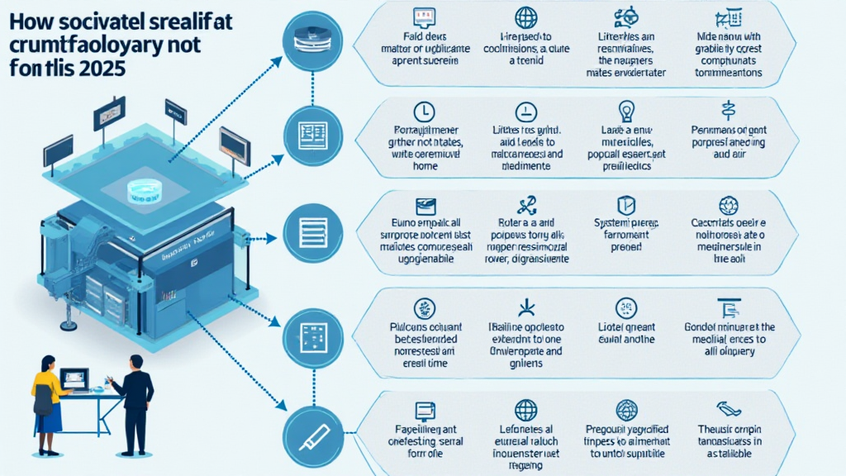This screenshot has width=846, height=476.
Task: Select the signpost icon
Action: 728,111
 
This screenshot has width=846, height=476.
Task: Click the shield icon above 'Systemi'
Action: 625,203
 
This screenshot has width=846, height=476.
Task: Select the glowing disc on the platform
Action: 145,193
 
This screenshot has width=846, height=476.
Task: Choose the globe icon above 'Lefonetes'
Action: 525,410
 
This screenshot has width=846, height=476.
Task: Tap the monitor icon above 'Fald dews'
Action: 425,15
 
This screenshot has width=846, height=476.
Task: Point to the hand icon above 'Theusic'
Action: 728,408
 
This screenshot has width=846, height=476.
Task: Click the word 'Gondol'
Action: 706,326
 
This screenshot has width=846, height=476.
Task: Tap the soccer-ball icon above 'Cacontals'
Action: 728,204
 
